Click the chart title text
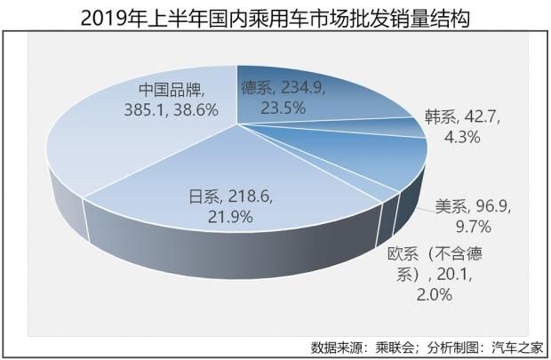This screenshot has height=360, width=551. point(275,17)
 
